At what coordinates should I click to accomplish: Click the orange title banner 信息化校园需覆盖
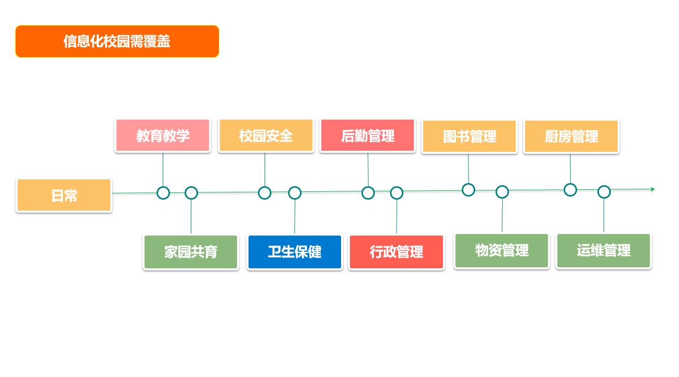pos(117,41)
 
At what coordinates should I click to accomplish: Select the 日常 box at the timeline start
pos(64,196)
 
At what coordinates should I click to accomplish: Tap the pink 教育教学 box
pos(163,136)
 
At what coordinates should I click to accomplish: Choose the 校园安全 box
pos(266,136)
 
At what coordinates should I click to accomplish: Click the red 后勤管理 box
pos(368,136)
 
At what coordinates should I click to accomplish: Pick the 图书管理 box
pos(469,137)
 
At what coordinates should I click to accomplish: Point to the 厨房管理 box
pos(571,137)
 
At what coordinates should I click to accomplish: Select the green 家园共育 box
pos(191,252)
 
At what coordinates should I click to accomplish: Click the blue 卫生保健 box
pos(295,252)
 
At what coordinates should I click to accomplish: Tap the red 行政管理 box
pos(396,252)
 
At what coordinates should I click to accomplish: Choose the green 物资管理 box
pos(502,251)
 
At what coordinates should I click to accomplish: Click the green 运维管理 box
pos(604,251)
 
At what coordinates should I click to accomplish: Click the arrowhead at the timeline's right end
pos(652,189)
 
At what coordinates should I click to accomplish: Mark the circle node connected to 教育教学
pos(163,193)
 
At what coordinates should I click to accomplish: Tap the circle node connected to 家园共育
pos(191,193)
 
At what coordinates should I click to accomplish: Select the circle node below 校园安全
pos(265,193)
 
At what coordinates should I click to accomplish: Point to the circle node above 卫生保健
pos(295,193)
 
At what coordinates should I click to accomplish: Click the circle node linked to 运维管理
pos(604,192)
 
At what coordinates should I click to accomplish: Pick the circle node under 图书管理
pos(468,190)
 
